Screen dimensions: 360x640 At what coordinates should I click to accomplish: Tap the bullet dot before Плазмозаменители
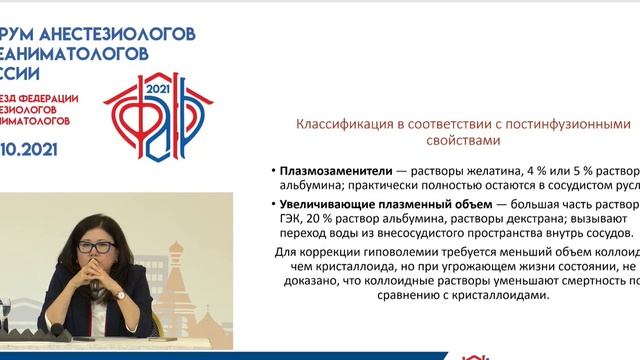click(x=273, y=170)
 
